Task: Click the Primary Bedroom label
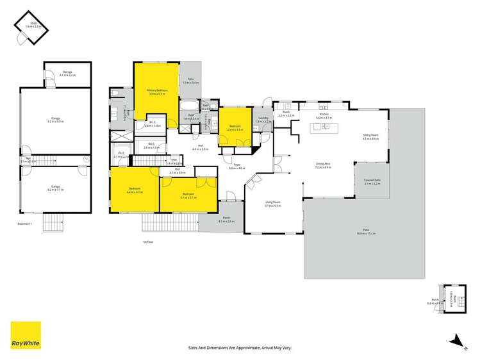pos(157,90)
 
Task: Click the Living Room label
pos(274,202)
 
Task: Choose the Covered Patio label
pos(372,181)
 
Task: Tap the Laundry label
pos(263,118)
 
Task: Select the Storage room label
pos(67,72)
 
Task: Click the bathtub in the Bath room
pos(189,105)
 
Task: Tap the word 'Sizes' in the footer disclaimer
pos(193,348)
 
